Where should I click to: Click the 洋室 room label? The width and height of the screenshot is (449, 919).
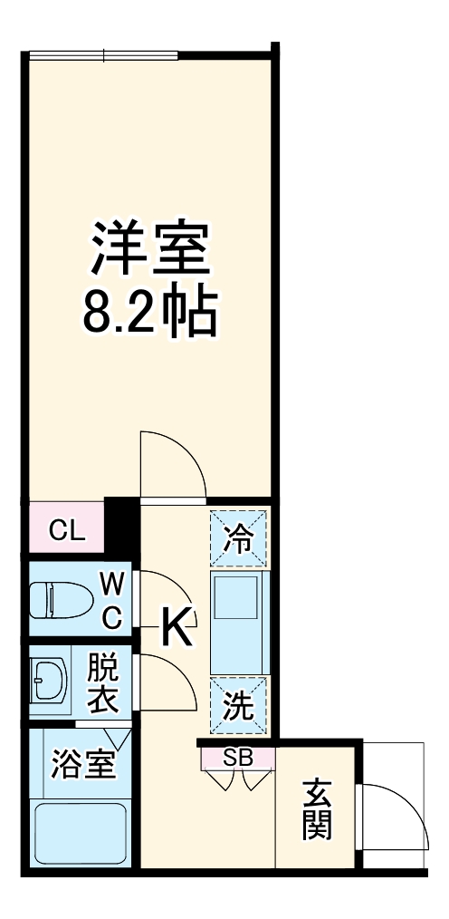tap(149, 247)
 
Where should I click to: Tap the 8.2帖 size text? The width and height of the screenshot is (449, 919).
tap(149, 314)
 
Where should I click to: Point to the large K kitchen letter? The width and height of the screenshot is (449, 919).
tap(177, 624)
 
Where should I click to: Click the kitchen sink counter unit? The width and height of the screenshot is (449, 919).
tap(240, 622)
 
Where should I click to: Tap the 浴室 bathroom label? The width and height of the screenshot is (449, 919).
tap(83, 763)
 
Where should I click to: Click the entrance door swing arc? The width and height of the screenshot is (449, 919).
tap(398, 816)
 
